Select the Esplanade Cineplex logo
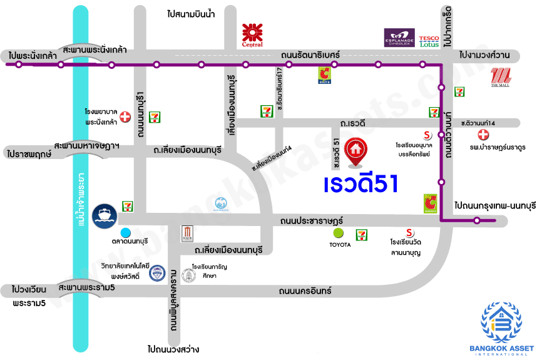tap(399, 38)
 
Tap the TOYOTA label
tap(340, 244)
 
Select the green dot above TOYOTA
tap(339, 233)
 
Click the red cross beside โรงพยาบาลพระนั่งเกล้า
tap(125, 116)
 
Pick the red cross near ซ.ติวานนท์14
tap(483, 135)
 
